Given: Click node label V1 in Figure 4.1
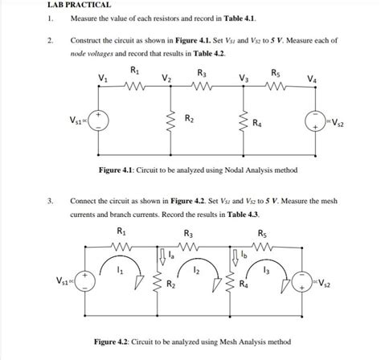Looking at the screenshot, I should point(101,78).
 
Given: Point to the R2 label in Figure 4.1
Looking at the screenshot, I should point(189,120).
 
